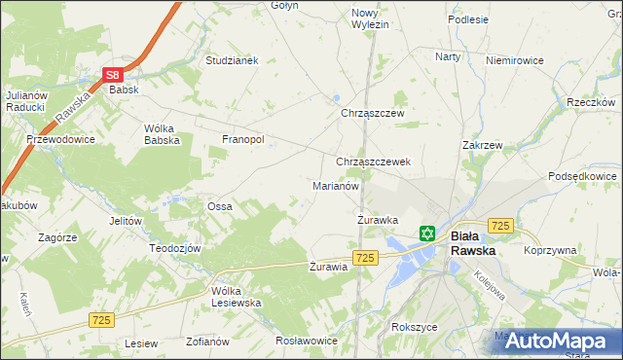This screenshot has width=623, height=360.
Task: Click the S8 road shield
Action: pos(113,74)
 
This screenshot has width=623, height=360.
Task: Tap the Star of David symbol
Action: pos(426,234)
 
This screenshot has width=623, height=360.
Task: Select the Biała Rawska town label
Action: pos(472,242)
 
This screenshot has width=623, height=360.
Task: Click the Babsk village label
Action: pos(126,90)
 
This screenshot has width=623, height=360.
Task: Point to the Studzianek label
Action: pos(231,60)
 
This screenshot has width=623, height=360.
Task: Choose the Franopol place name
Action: pos(243,139)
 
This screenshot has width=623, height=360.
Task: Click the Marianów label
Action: pos(336,185)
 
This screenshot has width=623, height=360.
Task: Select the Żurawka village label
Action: pos(377,220)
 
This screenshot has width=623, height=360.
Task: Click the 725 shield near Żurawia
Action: pos(365,257)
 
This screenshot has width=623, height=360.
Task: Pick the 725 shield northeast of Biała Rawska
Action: pos(500,226)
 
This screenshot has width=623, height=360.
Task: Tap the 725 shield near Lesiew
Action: pos(101,319)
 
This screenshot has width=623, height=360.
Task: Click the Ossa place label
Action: pos(219,206)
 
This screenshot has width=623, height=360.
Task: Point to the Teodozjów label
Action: pos(174,248)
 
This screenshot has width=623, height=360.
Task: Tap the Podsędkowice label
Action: pos(582,175)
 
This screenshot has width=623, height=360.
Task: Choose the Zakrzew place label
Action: pos(482,145)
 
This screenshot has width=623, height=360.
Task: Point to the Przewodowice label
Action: pos(60,139)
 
